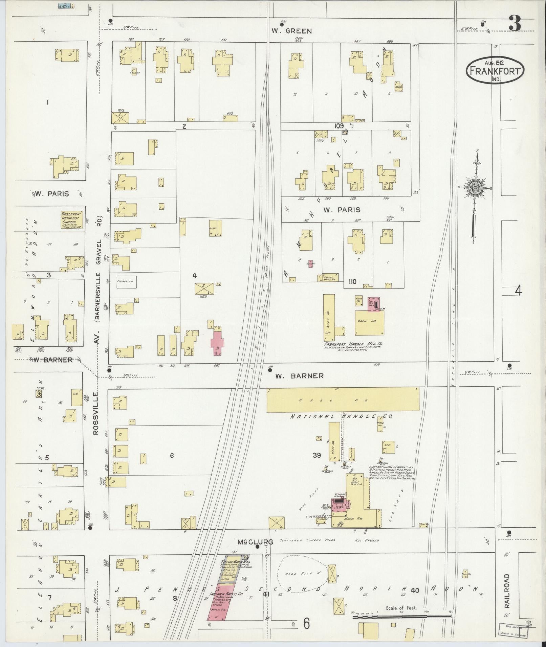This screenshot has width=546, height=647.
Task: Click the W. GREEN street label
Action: (x=291, y=31)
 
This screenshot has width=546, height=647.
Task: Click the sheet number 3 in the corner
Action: (x=514, y=23)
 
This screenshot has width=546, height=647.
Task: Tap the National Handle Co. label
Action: (x=341, y=416)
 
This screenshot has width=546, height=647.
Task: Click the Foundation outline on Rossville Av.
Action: (x=127, y=281)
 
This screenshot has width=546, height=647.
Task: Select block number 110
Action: (x=352, y=281)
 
